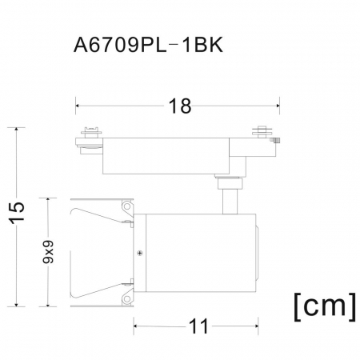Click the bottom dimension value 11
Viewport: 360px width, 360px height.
[x=198, y=326]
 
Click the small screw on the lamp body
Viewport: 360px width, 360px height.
[x=140, y=254]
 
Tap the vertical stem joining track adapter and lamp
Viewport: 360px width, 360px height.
[x=229, y=198]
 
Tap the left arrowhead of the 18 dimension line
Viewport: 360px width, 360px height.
[x=78, y=103]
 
